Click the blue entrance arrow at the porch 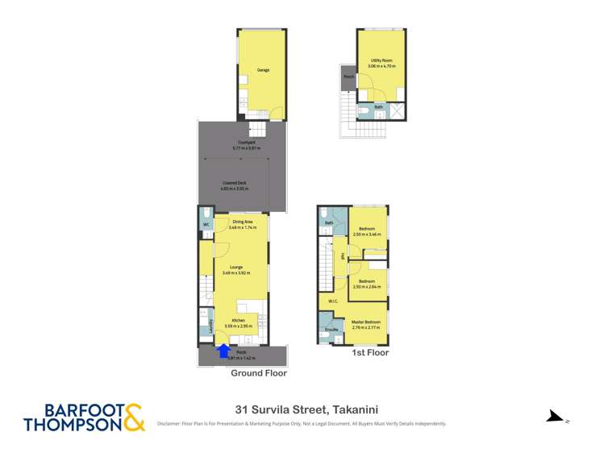223,349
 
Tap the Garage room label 263,70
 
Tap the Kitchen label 238,320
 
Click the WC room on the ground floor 206,225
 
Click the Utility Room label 381,60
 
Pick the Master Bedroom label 364,322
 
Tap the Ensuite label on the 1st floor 330,330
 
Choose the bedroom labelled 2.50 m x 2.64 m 367,282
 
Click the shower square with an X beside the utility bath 396,111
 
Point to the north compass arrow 552,416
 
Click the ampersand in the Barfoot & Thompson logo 133,416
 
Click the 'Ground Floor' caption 258,373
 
